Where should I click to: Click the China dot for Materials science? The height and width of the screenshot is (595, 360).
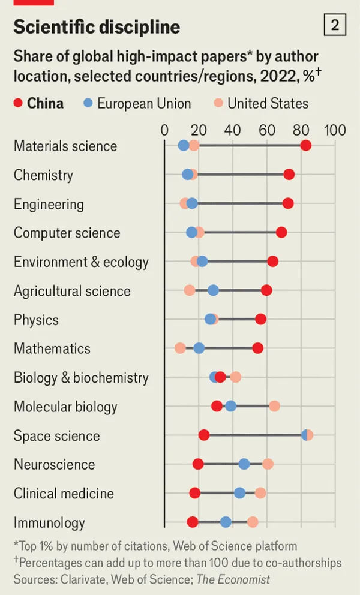(x=306, y=146)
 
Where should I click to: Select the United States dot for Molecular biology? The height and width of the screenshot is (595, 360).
(x=274, y=406)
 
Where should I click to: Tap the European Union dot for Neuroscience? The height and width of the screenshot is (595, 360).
(x=244, y=464)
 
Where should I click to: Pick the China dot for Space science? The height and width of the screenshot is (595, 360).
(x=204, y=435)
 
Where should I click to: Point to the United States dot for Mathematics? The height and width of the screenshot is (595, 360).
(x=180, y=348)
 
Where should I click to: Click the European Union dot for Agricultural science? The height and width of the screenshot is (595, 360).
(x=213, y=290)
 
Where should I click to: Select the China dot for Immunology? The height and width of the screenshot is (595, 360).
(x=193, y=522)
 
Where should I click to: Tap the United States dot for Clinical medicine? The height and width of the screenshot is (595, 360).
(x=260, y=493)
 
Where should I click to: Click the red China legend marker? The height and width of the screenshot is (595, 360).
(x=18, y=103)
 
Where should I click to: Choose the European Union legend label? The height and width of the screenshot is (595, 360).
(x=144, y=103)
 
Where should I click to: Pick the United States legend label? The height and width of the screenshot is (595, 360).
(x=268, y=103)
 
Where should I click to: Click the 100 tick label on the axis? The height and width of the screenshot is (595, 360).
(x=335, y=130)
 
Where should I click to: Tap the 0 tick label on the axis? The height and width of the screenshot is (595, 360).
(x=164, y=130)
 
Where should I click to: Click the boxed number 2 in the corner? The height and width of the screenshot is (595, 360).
(x=335, y=25)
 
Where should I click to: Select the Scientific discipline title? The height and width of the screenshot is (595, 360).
(x=97, y=26)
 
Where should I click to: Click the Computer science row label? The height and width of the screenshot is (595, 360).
(x=67, y=233)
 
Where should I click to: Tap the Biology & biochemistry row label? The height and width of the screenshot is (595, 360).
(x=81, y=377)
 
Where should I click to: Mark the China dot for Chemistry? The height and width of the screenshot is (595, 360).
(x=289, y=175)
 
